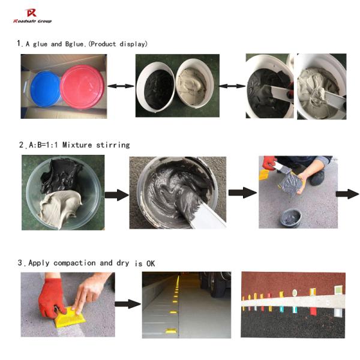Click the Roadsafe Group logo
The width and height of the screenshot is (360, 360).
coord(32,16)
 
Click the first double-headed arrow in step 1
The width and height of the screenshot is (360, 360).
coord(121,86)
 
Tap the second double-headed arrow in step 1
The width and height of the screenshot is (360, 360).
coord(230,86)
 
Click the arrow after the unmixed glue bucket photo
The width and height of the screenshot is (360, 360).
coord(116,194)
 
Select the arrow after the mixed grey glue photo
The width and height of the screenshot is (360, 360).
coord(242,193)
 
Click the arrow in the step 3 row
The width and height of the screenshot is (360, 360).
coord(127,304)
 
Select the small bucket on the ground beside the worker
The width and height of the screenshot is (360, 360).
coord(291,217)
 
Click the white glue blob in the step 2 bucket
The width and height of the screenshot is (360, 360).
coord(57,210)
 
